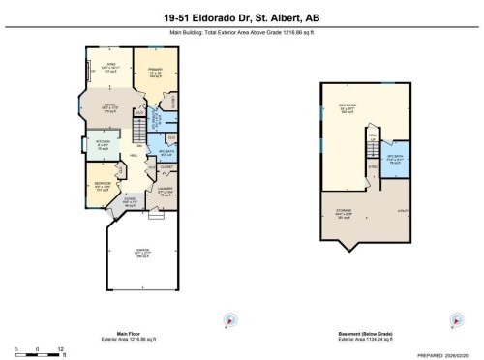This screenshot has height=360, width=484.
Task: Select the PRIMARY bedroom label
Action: pyautogui.click(x=155, y=71)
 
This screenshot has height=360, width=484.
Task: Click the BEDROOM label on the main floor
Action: pyautogui.click(x=102, y=184)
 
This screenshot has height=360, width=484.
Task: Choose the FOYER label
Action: pyautogui.click(x=130, y=200)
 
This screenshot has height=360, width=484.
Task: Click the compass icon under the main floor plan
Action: pyautogui.click(x=229, y=320)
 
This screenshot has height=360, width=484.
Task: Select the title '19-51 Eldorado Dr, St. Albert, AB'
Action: pyautogui.click(x=241, y=17)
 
